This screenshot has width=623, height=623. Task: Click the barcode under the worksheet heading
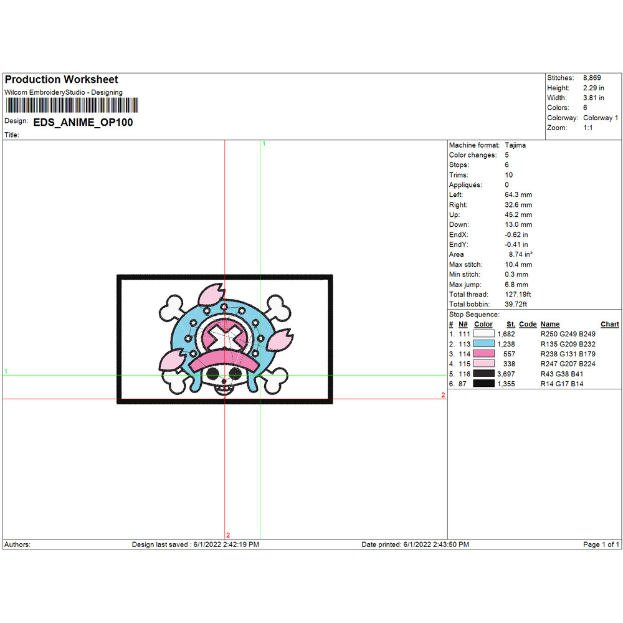click(72, 105)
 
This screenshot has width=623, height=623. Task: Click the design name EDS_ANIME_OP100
click(83, 122)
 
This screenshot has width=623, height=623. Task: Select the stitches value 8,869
click(592, 78)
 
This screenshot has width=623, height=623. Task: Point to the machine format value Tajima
click(515, 145)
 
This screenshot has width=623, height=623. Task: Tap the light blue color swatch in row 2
click(483, 344)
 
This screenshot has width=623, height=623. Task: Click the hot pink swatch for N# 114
click(483, 354)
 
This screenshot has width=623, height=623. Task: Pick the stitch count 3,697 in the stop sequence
click(506, 374)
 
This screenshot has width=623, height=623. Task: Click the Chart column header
click(610, 324)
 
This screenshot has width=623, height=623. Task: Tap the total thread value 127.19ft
click(518, 295)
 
